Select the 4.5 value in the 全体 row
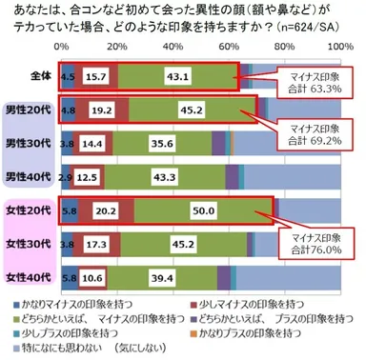(69, 73)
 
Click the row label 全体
(30, 73)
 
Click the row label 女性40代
(29, 280)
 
